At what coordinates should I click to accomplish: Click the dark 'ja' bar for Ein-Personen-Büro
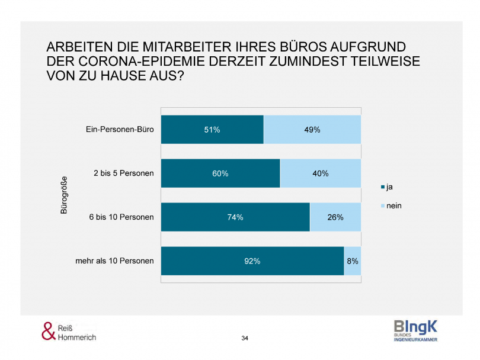[212, 130]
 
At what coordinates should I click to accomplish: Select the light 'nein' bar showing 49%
[312, 130]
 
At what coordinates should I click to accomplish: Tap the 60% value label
[220, 173]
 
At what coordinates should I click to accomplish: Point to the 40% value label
[320, 173]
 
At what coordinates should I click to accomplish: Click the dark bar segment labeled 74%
[235, 217]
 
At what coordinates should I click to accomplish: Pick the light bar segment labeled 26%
[335, 217]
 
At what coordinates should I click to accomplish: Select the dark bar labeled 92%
[252, 261]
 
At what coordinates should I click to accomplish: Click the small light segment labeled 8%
[353, 261]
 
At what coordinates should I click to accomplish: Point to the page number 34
[245, 338]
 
